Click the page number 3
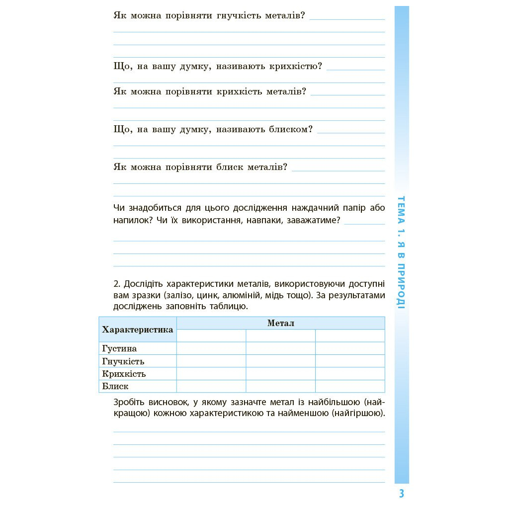(401, 494)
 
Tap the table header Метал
(281, 323)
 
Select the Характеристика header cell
(138, 330)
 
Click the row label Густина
(119, 348)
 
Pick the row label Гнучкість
(123, 361)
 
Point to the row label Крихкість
(124, 374)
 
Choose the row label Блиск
(115, 386)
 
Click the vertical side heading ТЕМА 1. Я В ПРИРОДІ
(402, 252)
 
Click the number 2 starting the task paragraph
(116, 284)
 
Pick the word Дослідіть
(144, 284)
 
